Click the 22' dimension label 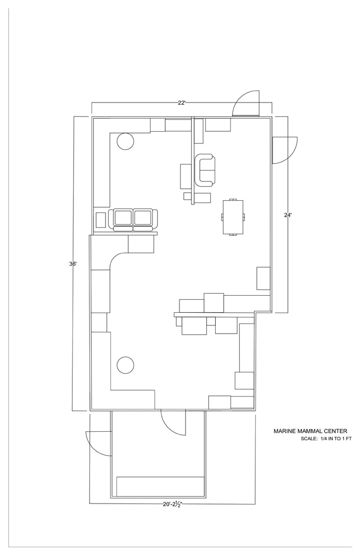point(182,103)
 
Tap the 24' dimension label point(288,215)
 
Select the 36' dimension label point(73,263)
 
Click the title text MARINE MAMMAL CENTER point(310,431)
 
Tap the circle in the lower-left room point(125,365)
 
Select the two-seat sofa point(134,220)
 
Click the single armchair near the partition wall point(205,170)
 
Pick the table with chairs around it point(233,217)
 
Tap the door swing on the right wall point(285,150)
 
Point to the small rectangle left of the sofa point(101,220)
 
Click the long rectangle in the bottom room point(160,487)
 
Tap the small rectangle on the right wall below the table point(263,278)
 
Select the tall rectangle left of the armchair point(186,176)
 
